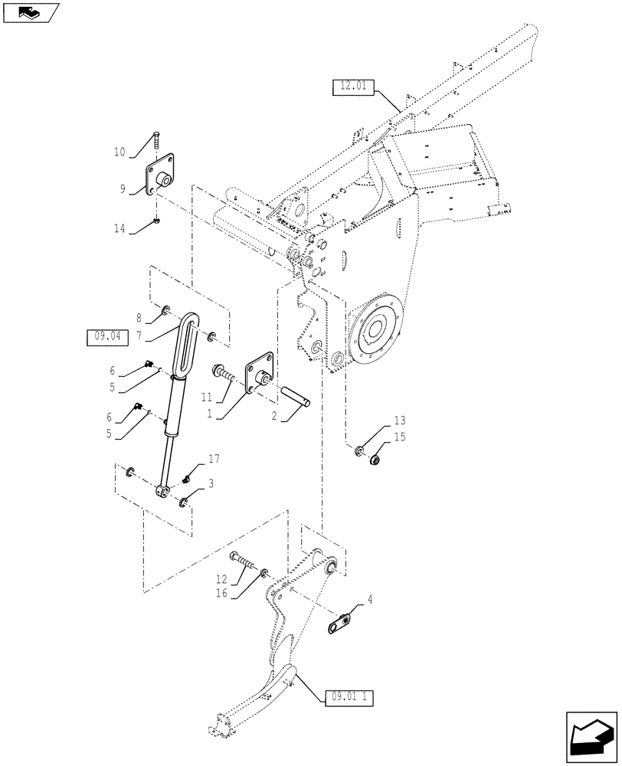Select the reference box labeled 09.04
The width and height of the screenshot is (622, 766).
(x=103, y=335)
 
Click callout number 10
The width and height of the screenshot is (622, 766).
(x=119, y=152)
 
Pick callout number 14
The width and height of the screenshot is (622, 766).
(x=119, y=228)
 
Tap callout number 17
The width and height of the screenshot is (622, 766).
(x=213, y=459)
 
